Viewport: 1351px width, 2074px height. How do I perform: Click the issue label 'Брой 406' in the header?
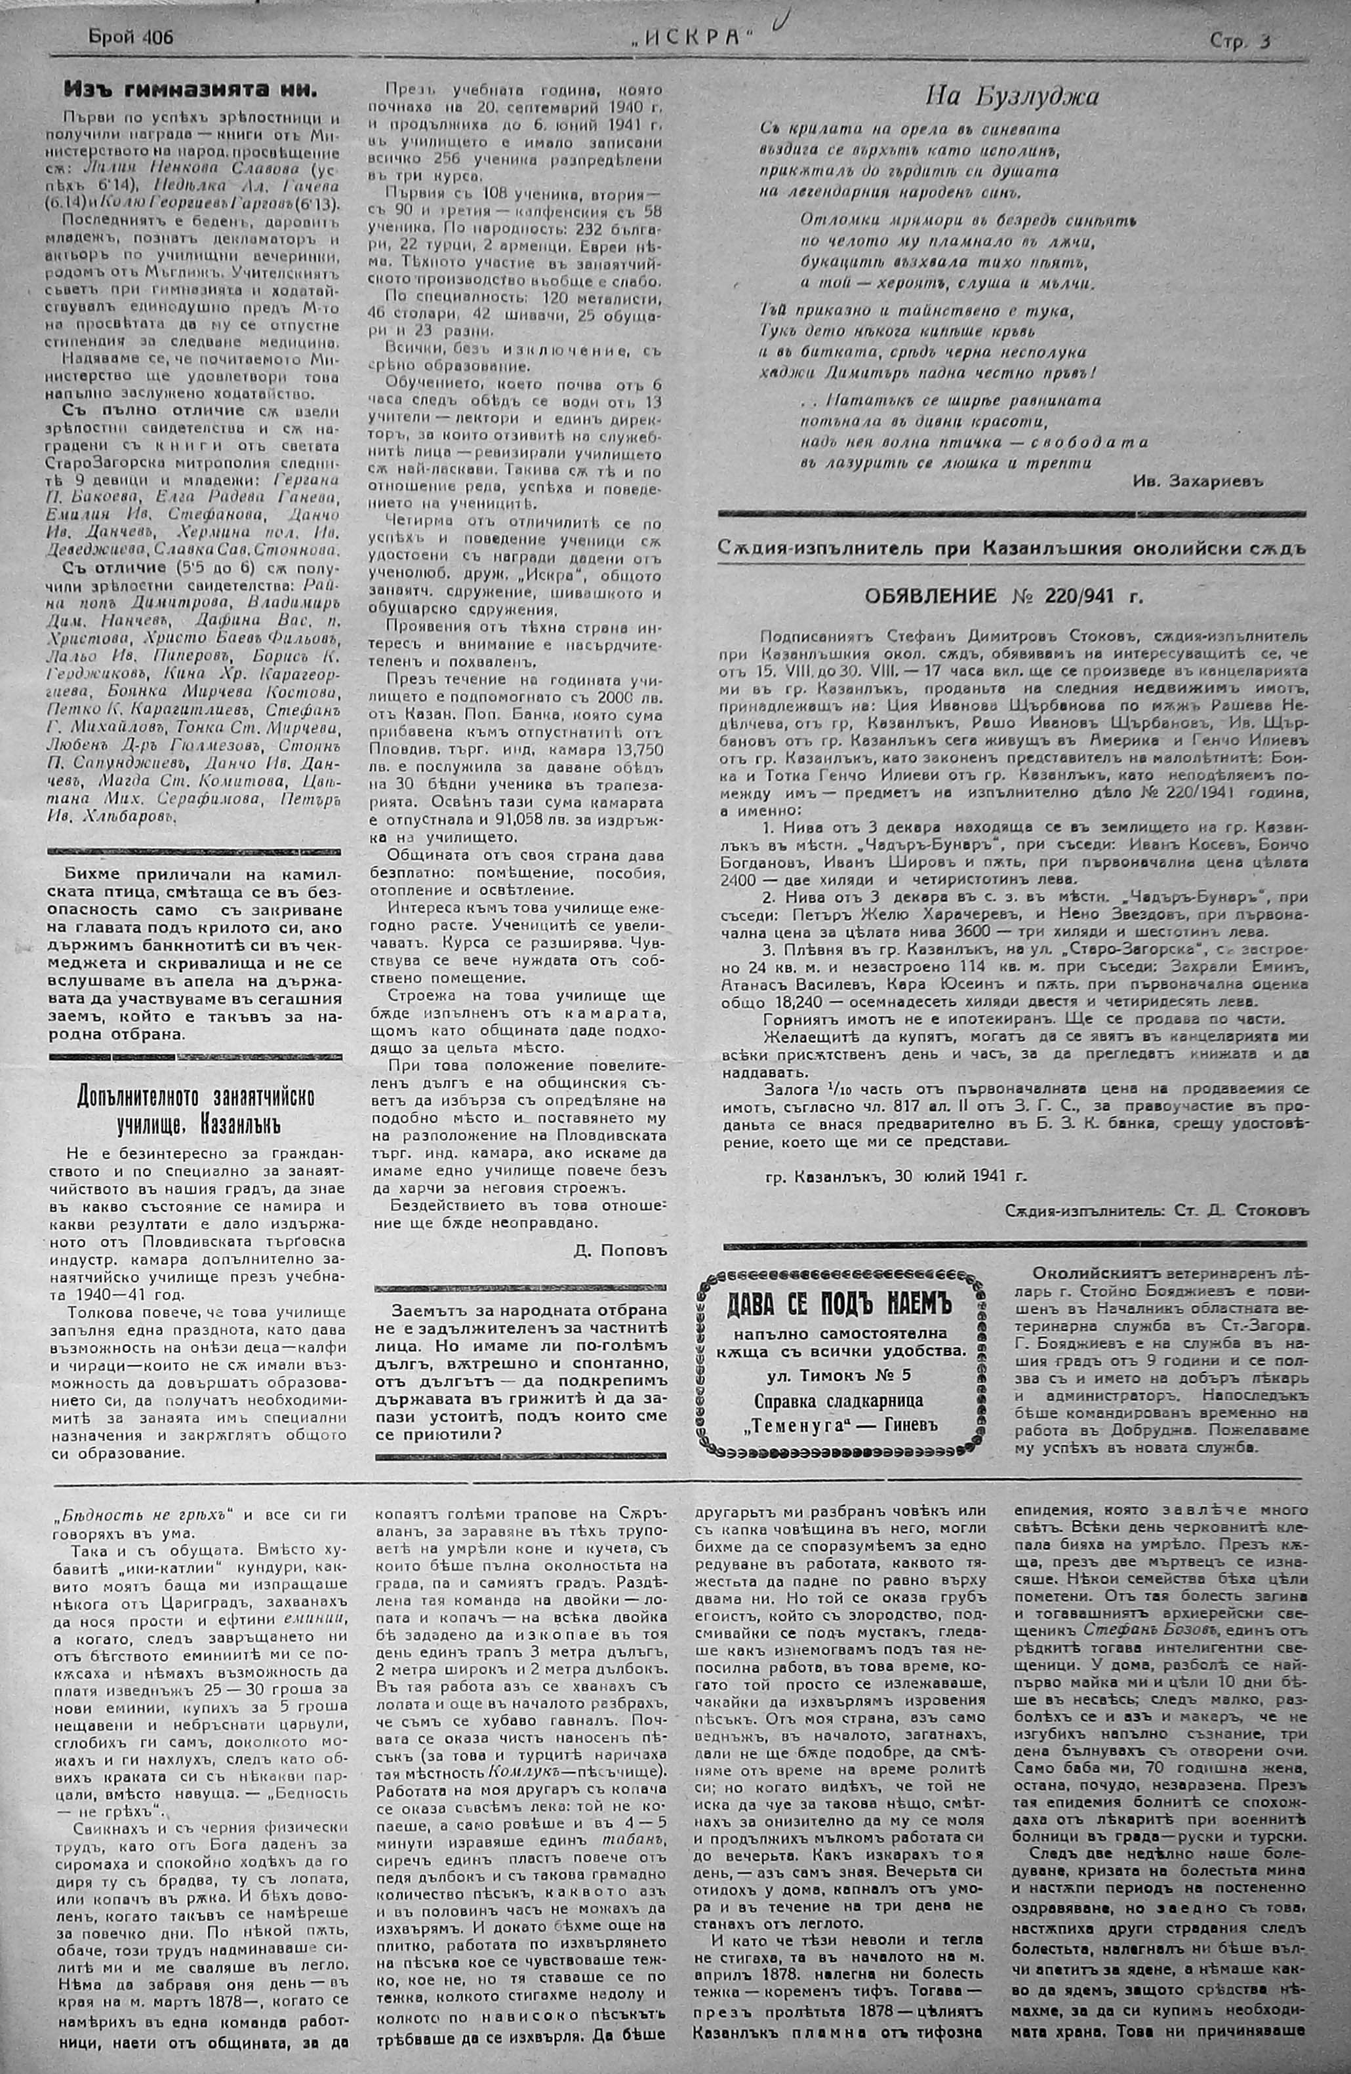(x=130, y=37)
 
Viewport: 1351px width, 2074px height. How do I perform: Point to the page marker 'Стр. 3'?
(x=1239, y=40)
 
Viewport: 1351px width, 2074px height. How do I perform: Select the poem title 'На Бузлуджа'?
(x=1011, y=95)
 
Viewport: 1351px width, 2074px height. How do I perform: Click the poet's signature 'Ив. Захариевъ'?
(x=1198, y=480)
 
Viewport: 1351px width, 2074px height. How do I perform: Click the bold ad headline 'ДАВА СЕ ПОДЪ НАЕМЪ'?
(x=839, y=1304)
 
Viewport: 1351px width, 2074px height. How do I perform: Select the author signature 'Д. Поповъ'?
(x=620, y=1249)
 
